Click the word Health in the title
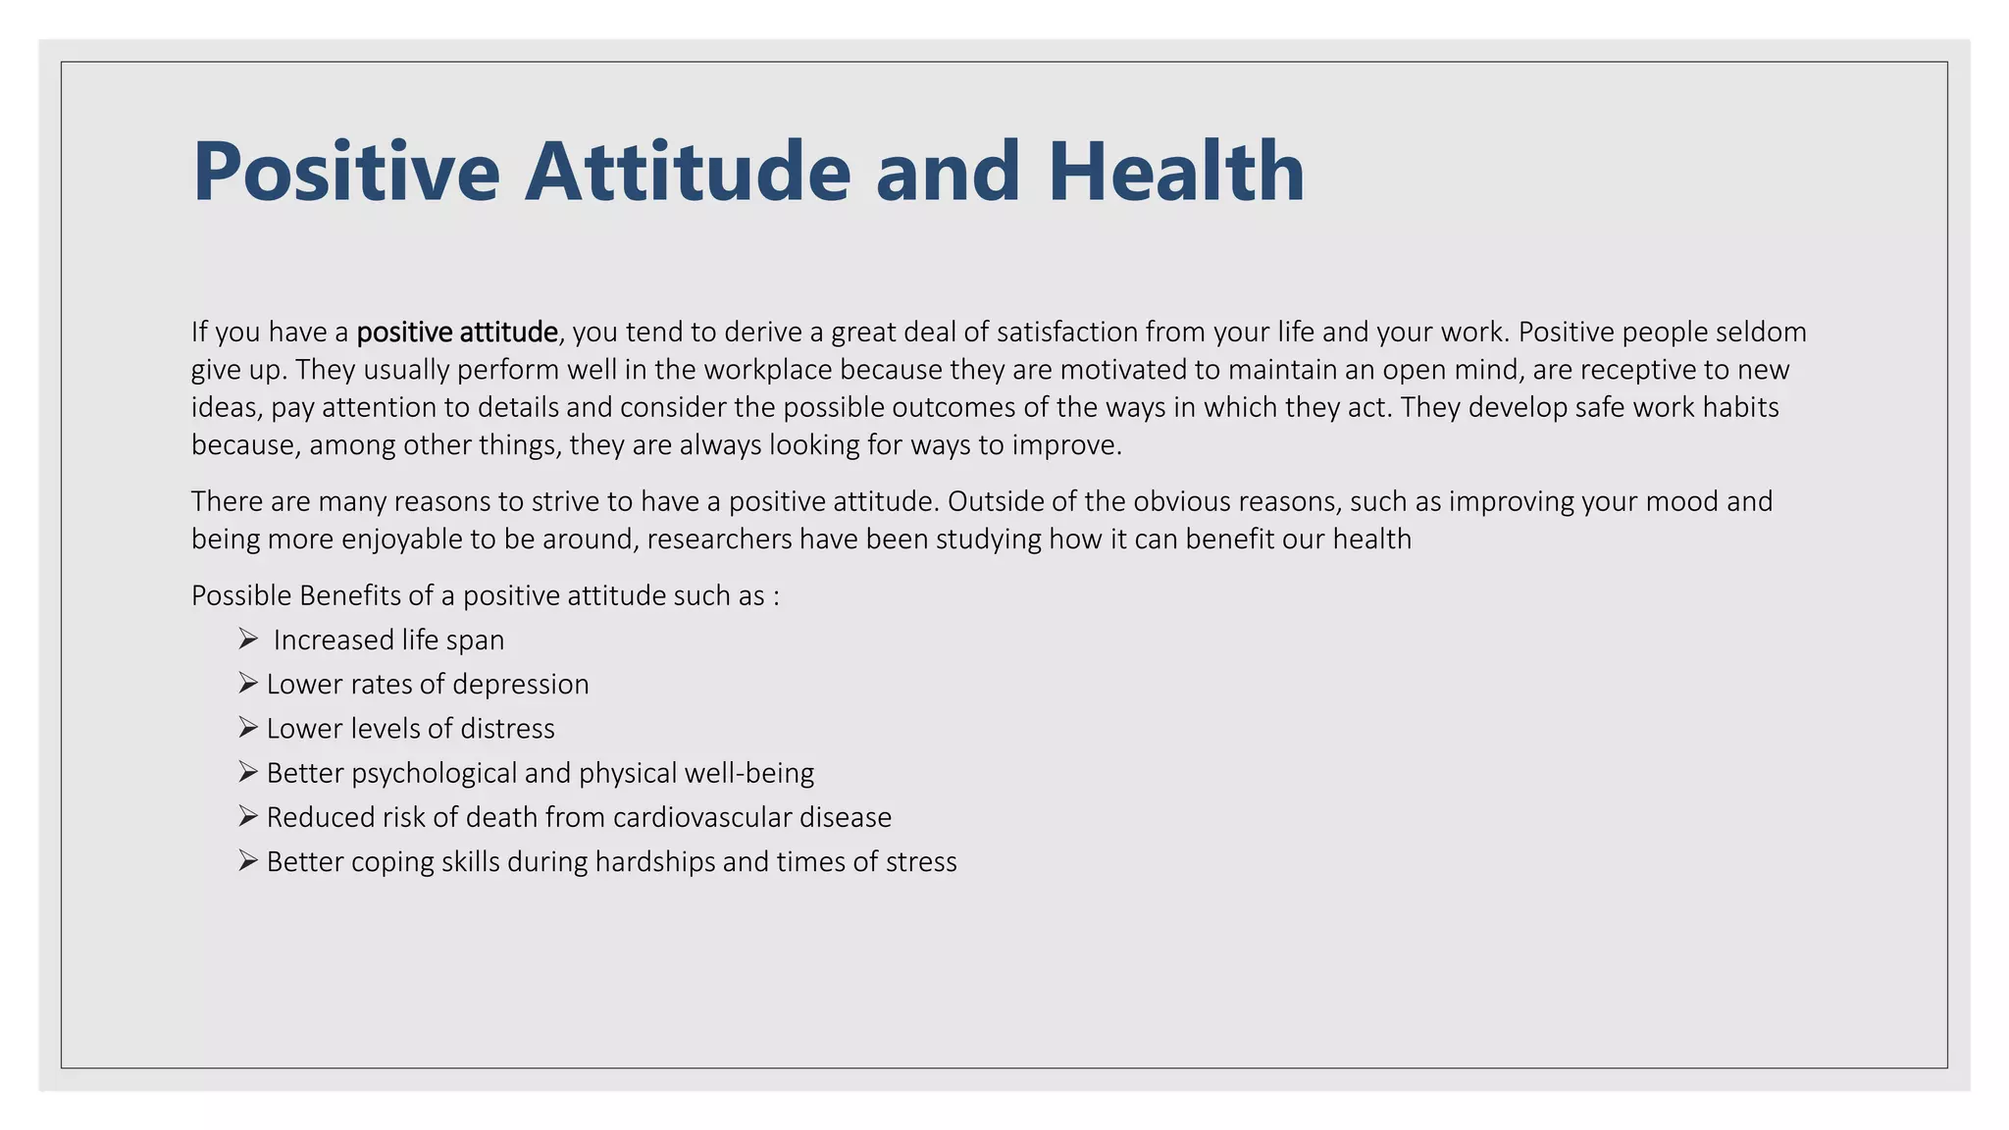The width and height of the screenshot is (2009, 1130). tap(1175, 172)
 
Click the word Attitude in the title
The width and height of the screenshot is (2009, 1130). tap(687, 172)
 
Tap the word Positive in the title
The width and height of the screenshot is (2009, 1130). tap(345, 172)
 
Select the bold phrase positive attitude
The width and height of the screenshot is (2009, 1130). tap(457, 333)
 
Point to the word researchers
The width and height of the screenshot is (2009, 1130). tap(719, 539)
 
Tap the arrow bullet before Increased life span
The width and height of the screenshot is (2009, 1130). tap(247, 640)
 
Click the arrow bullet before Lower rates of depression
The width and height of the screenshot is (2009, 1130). tap(247, 684)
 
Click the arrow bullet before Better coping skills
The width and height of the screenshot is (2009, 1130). tap(247, 861)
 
